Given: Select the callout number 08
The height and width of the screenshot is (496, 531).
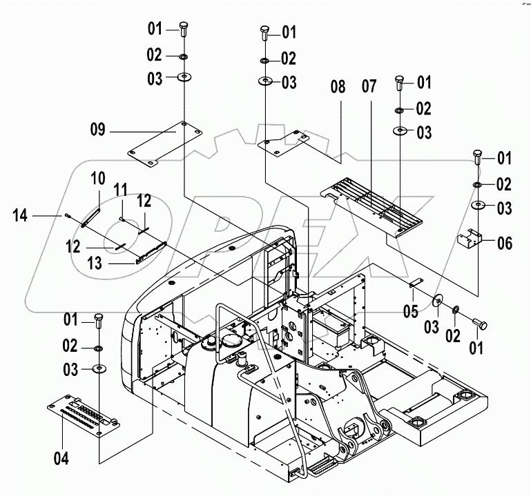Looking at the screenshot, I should click(x=337, y=88).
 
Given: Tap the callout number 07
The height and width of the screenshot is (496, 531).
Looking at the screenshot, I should click(x=369, y=88).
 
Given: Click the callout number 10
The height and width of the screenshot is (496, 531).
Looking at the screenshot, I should click(x=99, y=179).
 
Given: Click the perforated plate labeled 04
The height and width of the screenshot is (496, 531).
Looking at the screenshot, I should click(x=81, y=415).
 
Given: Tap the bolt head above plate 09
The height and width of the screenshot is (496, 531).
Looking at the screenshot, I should click(x=184, y=30).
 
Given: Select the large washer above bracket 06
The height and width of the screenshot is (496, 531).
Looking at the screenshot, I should click(x=477, y=206).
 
